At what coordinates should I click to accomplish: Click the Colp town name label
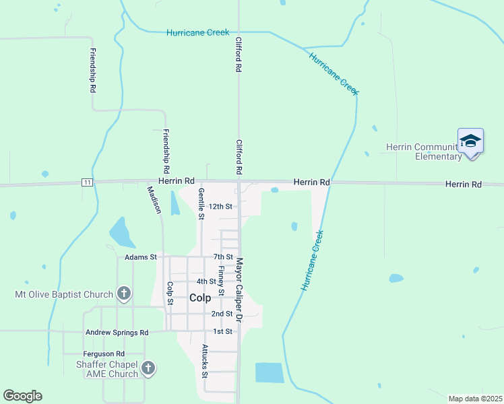200,298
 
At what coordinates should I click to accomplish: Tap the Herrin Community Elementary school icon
470,141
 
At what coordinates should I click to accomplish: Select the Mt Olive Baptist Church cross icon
123,294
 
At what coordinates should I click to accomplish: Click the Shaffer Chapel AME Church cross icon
148,368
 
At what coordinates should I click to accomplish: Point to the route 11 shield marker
86,182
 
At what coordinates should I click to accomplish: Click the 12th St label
220,207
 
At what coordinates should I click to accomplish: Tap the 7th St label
223,257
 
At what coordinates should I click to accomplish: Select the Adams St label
141,257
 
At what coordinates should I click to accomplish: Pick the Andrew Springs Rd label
117,332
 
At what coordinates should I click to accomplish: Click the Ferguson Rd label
104,353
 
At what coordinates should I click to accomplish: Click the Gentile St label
201,203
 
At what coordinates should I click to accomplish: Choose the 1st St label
222,331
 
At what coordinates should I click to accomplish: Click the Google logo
22,396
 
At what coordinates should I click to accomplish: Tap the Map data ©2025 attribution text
474,399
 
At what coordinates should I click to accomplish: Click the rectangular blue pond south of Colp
270,373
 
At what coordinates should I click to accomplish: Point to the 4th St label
206,281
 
